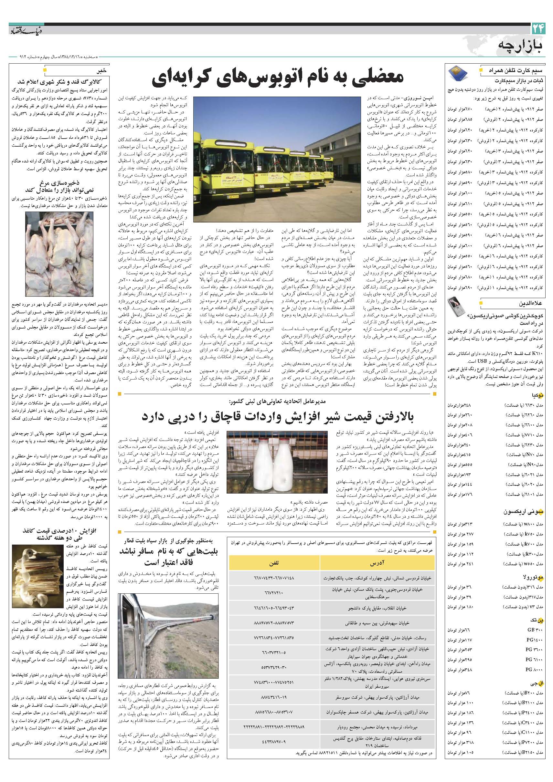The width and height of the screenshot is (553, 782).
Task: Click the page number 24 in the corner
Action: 539,29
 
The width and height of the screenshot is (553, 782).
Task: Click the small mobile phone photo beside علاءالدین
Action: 457,307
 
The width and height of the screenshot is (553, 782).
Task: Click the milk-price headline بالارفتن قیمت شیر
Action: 277,416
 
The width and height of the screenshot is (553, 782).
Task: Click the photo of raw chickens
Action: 59,254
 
